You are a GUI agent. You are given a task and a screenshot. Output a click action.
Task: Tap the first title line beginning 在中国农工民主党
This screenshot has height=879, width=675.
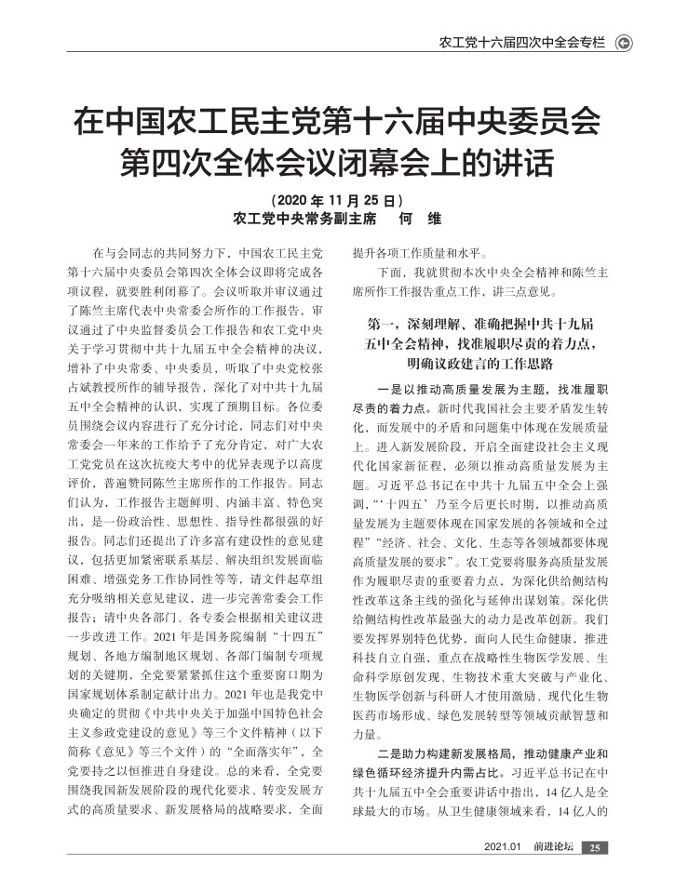pos(337,123)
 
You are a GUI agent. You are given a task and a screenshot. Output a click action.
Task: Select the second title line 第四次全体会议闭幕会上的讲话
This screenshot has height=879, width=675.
pos(337,166)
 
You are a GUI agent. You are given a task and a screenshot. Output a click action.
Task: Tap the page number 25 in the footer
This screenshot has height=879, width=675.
pos(595,846)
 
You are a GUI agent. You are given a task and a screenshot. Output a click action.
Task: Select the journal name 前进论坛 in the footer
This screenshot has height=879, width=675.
pos(550,846)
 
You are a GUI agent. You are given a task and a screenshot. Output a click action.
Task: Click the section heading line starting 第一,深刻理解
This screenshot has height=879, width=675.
pos(480,325)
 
